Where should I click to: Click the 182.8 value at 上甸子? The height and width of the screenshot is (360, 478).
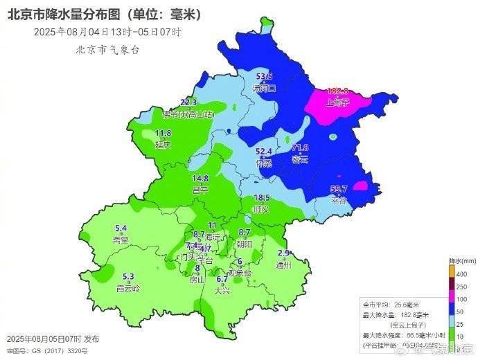pyautogui.click(x=336, y=91)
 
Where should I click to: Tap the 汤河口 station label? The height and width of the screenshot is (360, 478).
pyautogui.click(x=265, y=89)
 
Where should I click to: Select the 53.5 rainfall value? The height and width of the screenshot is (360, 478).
pyautogui.click(x=265, y=77)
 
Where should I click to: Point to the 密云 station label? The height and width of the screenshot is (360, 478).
pyautogui.click(x=300, y=159)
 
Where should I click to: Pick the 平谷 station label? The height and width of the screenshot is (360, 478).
pyautogui.click(x=338, y=201)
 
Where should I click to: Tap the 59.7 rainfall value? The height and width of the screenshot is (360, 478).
pyautogui.click(x=338, y=189)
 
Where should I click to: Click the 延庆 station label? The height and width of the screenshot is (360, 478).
pyautogui.click(x=163, y=145)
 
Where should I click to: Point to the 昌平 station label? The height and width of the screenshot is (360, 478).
pyautogui.click(x=200, y=190)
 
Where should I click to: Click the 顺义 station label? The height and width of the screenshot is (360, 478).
pyautogui.click(x=262, y=208)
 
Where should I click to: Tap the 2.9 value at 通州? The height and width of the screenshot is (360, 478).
pyautogui.click(x=283, y=253)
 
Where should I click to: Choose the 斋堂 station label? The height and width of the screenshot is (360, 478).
pyautogui.click(x=121, y=240)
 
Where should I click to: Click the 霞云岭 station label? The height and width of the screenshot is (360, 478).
pyautogui.click(x=127, y=288)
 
